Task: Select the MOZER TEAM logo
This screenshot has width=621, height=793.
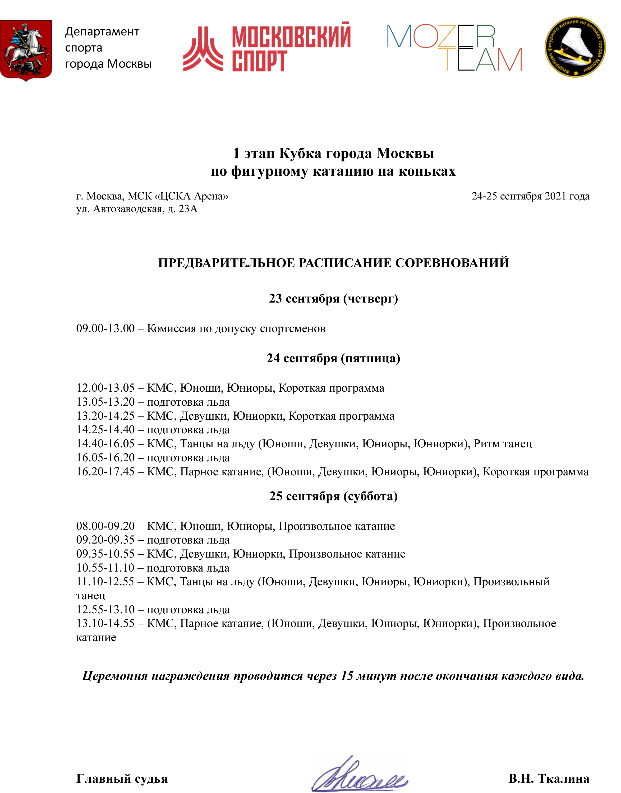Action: click(x=454, y=47)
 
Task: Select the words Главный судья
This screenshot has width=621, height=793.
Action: click(x=122, y=778)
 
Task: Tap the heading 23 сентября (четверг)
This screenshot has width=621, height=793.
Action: click(x=333, y=298)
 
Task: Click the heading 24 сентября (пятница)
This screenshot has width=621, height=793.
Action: click(x=333, y=358)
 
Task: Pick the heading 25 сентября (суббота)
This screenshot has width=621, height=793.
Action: click(x=333, y=496)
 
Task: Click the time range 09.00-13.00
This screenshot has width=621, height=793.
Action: click(x=105, y=328)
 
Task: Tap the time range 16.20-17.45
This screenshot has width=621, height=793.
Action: click(x=105, y=472)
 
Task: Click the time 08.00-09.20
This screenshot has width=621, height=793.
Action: click(x=105, y=526)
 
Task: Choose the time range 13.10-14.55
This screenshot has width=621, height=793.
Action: click(x=105, y=624)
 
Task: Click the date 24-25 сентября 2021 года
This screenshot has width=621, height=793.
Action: click(x=531, y=196)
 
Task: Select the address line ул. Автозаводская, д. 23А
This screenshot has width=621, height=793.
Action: click(x=137, y=209)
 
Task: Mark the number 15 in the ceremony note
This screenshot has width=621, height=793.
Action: click(x=347, y=676)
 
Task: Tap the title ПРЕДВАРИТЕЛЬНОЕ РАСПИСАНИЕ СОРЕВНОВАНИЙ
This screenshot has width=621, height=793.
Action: click(x=333, y=263)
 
